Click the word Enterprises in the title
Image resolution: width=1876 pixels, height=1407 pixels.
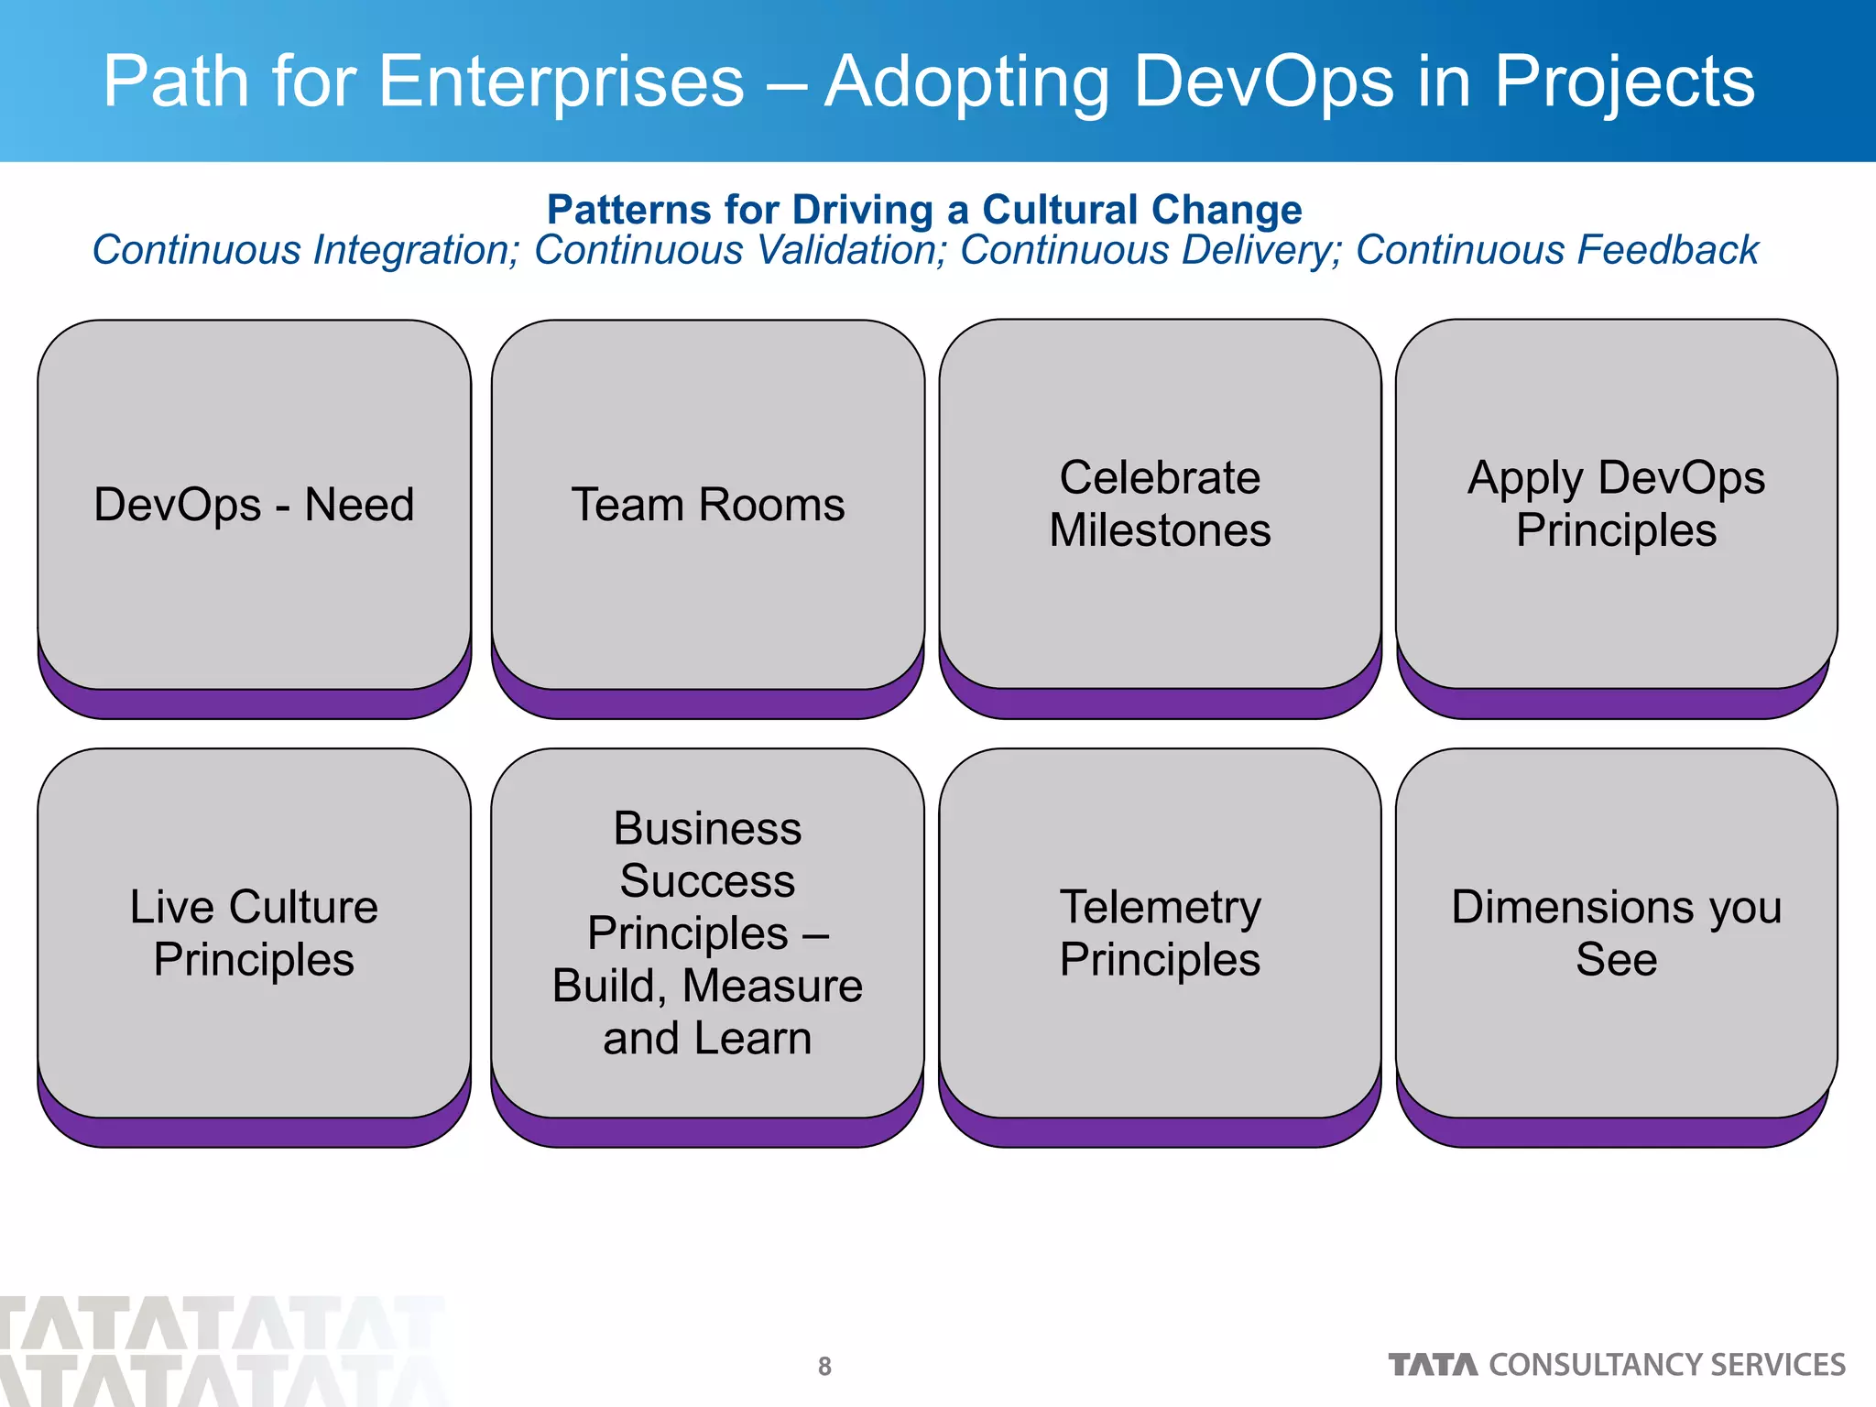click(561, 82)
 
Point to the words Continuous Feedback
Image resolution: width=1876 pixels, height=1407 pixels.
click(1556, 250)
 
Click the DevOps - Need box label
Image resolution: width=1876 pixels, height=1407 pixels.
click(254, 505)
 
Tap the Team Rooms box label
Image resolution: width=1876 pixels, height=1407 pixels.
click(707, 505)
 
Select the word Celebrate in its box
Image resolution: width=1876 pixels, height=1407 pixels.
click(1160, 478)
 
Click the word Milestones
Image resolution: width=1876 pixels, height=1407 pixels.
click(1160, 530)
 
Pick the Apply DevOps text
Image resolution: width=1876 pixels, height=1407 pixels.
click(1616, 478)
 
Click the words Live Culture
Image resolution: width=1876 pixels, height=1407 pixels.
click(254, 907)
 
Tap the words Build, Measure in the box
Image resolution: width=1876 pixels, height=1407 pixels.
click(707, 987)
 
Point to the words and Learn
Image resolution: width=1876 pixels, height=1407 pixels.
click(707, 1039)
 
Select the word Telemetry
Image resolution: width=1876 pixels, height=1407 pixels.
click(1160, 907)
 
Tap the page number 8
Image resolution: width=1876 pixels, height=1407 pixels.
click(824, 1366)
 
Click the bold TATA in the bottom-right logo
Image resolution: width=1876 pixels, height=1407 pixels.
click(1433, 1365)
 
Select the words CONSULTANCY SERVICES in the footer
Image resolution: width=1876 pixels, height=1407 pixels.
click(1666, 1365)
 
